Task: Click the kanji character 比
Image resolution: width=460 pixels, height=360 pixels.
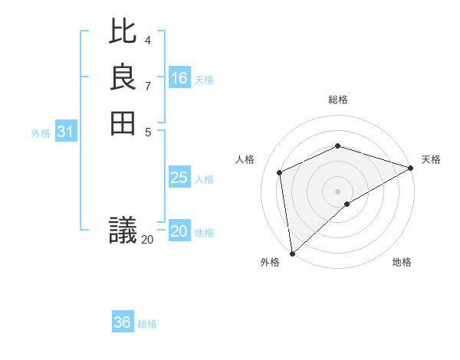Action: [x=123, y=33]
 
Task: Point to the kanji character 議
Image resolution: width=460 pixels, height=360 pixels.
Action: [x=123, y=230]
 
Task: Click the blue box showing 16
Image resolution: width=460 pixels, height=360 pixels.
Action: [x=179, y=78]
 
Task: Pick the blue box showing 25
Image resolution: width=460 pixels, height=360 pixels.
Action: [x=179, y=178]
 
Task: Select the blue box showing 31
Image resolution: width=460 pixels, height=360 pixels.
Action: [x=65, y=132]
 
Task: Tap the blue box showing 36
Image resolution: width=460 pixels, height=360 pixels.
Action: [x=123, y=322]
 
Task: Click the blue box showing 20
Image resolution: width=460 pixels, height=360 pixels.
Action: [x=179, y=231]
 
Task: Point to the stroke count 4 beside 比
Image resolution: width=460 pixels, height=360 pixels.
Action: [x=148, y=41]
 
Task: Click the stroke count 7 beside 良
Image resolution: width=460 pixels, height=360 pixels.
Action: [x=148, y=86]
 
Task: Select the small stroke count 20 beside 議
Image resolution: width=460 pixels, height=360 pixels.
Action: [x=147, y=240]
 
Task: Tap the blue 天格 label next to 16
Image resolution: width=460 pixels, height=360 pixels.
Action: [x=204, y=80]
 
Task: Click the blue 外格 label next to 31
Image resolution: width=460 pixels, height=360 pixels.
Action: [x=41, y=133]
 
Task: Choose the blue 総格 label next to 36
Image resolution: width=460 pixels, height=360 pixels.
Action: [x=147, y=324]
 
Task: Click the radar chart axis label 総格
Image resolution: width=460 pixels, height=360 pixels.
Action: [x=337, y=100]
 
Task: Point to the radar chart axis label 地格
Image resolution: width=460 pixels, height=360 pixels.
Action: [x=402, y=263]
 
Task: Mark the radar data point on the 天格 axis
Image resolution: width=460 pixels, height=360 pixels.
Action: [x=410, y=169]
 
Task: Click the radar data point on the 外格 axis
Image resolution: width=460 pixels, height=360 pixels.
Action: [x=292, y=254]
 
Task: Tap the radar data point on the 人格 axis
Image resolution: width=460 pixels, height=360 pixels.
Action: [x=280, y=172]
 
